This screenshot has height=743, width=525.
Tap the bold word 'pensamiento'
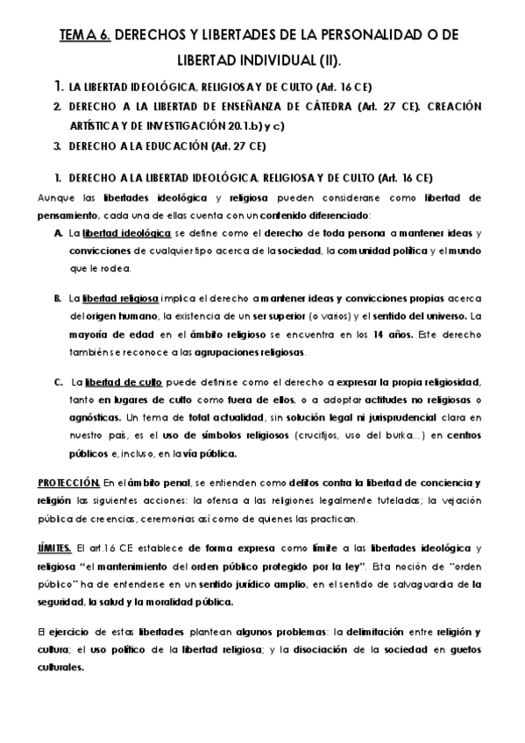point(67,215)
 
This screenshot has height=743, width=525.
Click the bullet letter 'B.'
point(57,299)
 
